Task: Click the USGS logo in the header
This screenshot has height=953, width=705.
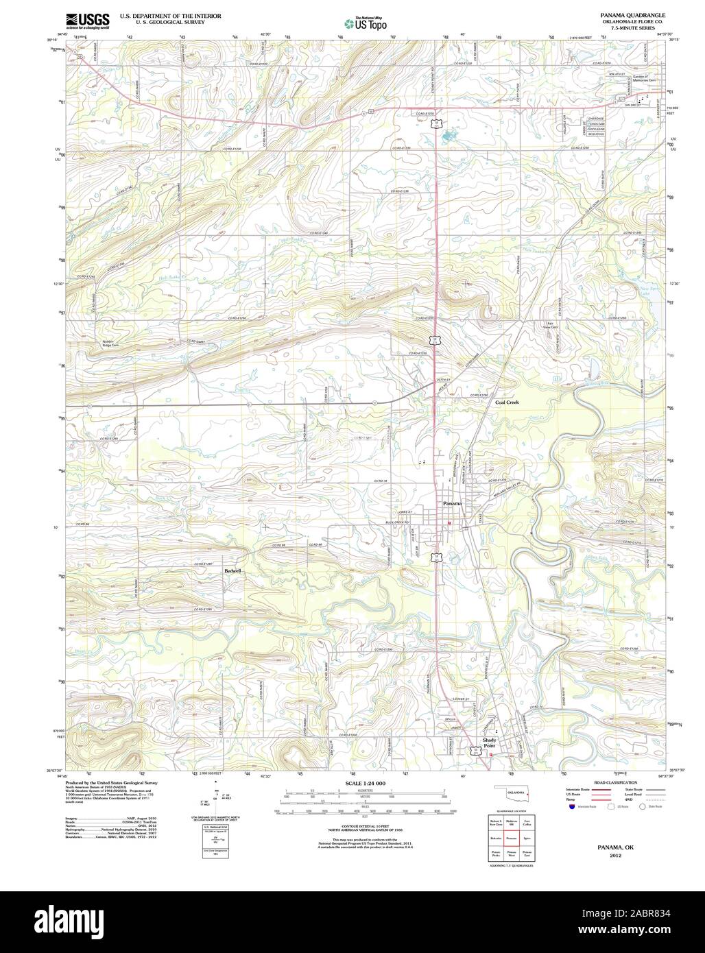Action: (88, 21)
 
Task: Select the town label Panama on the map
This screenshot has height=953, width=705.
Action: (452, 504)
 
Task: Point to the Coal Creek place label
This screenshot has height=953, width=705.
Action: (507, 403)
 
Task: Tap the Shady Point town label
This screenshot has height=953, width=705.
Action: (489, 743)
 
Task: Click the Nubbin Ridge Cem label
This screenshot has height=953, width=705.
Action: (106, 343)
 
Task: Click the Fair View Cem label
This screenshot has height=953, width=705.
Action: (550, 325)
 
